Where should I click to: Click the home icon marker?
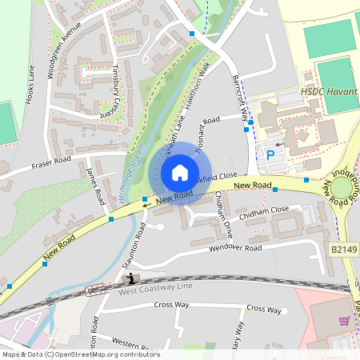pos(180,173)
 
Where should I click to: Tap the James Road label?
pos(94,186)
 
